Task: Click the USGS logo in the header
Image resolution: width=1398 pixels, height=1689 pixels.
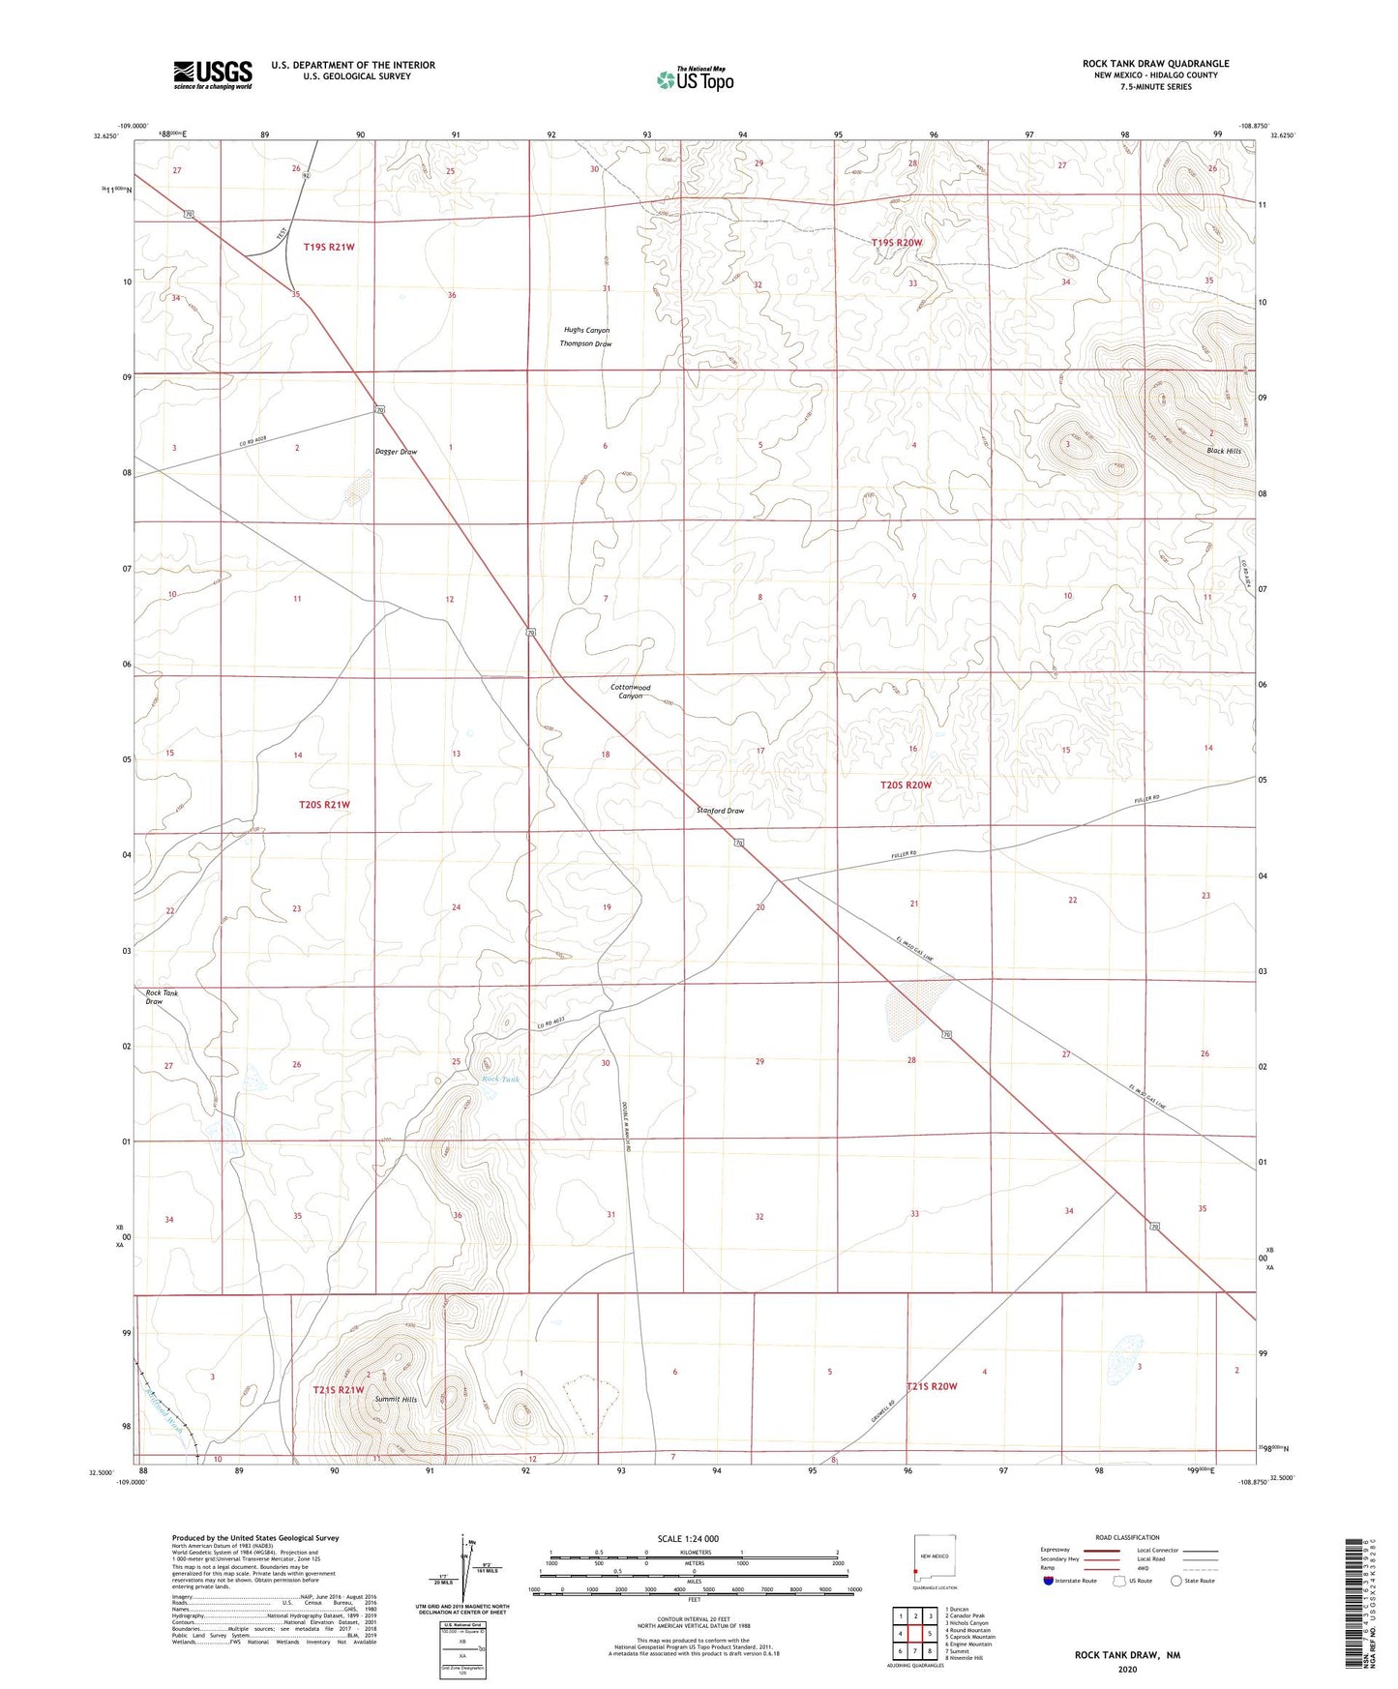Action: (213, 74)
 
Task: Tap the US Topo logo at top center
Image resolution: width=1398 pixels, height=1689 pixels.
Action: (695, 78)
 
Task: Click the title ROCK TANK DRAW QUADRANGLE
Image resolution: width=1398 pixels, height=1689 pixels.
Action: (1155, 64)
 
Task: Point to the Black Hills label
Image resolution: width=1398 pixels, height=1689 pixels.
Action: (1223, 451)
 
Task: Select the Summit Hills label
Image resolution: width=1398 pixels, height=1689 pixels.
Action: (396, 1400)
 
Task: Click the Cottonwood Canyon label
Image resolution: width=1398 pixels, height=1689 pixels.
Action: (630, 692)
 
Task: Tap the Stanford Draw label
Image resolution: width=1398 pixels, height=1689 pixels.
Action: (720, 811)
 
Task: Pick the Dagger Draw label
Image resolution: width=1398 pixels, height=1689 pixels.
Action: (396, 452)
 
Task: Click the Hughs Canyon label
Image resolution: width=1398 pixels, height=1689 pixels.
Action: (586, 330)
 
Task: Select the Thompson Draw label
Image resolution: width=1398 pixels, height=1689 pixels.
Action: (585, 343)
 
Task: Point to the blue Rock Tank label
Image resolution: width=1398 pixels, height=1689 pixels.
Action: (500, 1080)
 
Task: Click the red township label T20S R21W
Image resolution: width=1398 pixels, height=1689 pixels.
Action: (324, 804)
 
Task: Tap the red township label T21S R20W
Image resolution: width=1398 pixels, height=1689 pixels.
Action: (931, 1386)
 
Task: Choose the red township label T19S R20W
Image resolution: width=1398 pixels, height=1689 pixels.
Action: (896, 243)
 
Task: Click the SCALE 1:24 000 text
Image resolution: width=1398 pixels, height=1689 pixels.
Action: (687, 1538)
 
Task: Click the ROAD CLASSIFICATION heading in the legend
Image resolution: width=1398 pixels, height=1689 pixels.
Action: (1127, 1537)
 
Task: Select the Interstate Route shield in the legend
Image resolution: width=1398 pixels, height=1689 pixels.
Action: (1049, 1581)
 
